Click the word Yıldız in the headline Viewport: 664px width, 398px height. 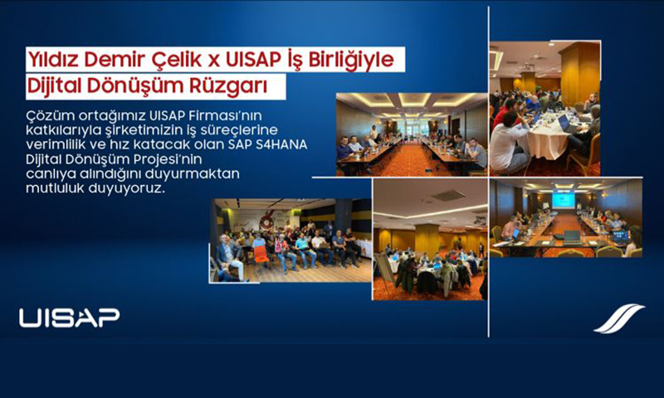coord(53,60)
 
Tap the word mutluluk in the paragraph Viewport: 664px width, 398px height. coord(55,187)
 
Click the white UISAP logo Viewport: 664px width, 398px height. coord(70,318)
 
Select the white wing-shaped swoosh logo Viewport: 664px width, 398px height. coord(619,318)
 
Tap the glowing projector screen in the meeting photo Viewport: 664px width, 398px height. coord(564,201)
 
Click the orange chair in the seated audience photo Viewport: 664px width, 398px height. coord(261,255)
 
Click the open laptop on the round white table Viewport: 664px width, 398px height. coord(566,124)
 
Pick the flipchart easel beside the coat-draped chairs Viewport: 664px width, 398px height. coord(384,271)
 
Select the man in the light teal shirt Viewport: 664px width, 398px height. coord(303,249)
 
